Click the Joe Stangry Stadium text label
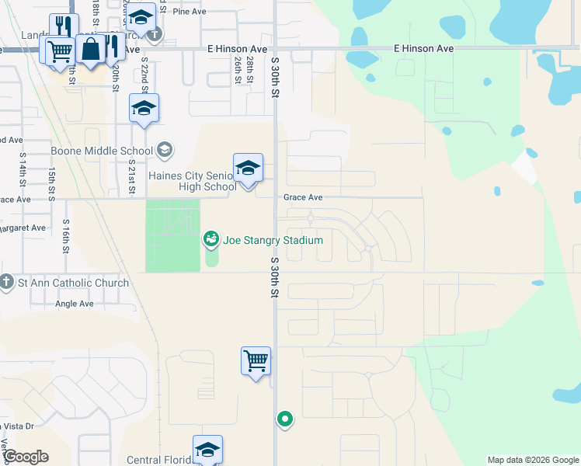(273, 240)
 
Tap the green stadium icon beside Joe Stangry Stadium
(210, 240)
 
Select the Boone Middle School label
(102, 151)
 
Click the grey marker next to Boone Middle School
(164, 149)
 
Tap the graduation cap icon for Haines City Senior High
(248, 168)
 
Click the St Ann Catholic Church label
(73, 283)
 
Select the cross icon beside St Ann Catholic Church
(7, 282)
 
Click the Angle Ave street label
(75, 304)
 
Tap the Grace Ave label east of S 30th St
(303, 198)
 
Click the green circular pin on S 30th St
(285, 419)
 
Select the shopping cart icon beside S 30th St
(256, 361)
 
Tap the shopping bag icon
(91, 49)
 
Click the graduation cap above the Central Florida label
(207, 450)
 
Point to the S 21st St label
(132, 179)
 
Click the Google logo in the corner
(26, 457)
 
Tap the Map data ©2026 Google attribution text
(533, 460)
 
